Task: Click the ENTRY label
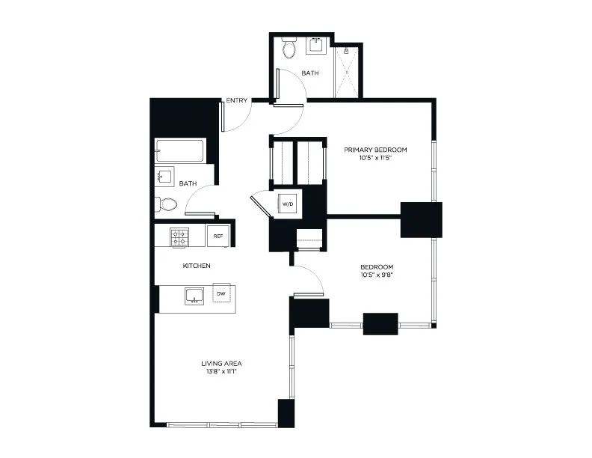(x=237, y=101)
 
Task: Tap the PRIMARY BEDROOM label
(x=369, y=150)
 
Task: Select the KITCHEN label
(x=197, y=266)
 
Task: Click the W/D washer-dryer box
(x=288, y=202)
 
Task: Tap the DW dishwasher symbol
(x=221, y=294)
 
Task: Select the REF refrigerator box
(x=218, y=236)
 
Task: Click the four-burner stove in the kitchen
(x=179, y=237)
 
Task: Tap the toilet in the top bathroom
(x=290, y=48)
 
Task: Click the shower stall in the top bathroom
(x=345, y=71)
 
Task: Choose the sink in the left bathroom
(x=165, y=177)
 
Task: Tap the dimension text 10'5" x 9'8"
(x=377, y=275)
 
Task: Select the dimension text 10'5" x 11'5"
(x=369, y=158)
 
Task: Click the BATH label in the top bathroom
(x=310, y=73)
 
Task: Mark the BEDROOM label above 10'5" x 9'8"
(x=377, y=266)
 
